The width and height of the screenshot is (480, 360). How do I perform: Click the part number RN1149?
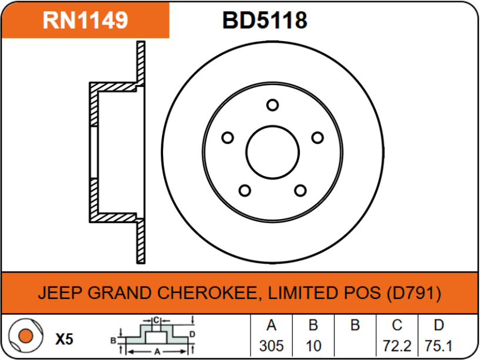[85, 20]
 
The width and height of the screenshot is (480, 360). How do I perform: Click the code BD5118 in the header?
[265, 20]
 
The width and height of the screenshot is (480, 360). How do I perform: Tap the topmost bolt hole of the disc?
[272, 105]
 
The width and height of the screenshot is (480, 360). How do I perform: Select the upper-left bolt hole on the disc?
[228, 137]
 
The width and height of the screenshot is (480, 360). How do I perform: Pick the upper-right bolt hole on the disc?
[317, 137]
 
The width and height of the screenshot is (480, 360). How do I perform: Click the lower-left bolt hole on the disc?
[245, 190]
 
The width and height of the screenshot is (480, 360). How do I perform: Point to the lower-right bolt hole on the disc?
[300, 190]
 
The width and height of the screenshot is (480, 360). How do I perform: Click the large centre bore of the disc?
[272, 152]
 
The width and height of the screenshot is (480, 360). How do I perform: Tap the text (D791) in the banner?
[414, 293]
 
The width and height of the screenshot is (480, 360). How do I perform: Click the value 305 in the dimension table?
[272, 346]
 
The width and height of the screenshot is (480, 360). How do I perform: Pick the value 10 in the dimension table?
[313, 346]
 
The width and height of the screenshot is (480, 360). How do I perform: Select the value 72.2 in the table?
[397, 346]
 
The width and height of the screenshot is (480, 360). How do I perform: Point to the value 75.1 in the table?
[439, 346]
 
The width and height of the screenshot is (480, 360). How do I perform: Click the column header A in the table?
[272, 325]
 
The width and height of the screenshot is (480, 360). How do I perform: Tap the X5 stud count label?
[65, 339]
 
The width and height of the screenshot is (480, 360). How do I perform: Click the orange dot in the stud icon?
[26, 336]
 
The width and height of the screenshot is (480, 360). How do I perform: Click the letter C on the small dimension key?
[156, 321]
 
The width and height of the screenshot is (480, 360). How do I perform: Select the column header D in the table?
[439, 325]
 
